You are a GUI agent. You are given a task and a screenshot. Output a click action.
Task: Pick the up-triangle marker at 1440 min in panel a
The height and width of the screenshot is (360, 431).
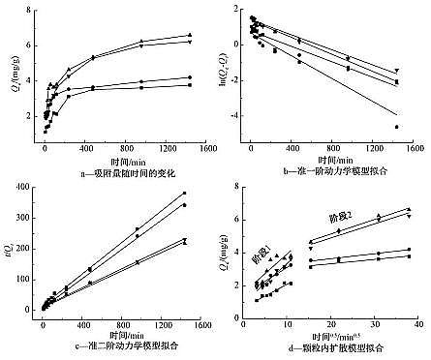tap(189, 35)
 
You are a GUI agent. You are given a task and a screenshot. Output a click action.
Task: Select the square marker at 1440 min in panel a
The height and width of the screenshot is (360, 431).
tap(189, 85)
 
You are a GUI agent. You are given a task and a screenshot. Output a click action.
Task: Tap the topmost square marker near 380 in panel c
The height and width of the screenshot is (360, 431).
tap(184, 193)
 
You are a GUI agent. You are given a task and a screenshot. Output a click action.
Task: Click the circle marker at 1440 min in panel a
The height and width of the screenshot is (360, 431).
tap(189, 77)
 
